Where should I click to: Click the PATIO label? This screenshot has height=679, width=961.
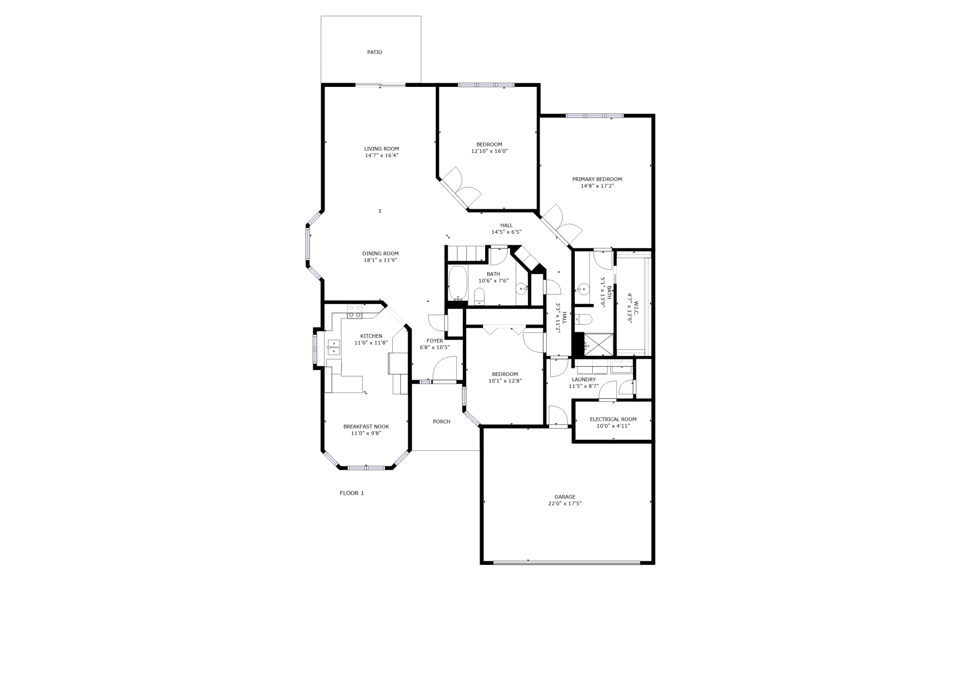[374, 53]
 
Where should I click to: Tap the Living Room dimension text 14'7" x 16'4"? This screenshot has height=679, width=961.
[382, 156]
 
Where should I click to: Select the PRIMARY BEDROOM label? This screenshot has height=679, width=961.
[597, 179]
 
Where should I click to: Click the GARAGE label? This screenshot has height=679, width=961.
[565, 497]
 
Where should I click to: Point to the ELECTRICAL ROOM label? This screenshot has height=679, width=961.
[613, 419]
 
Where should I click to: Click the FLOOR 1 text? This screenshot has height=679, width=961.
[352, 493]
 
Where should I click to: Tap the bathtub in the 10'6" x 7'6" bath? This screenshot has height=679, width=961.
[458, 283]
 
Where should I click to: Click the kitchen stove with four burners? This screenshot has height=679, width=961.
[354, 311]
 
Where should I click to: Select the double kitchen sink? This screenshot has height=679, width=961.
[333, 347]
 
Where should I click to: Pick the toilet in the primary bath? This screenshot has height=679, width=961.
[584, 320]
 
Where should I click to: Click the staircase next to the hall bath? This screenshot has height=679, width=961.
[467, 254]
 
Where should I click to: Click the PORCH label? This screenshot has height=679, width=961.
[441, 422]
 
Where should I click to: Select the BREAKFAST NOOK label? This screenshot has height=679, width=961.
[366, 427]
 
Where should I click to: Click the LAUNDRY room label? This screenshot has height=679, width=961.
[584, 380]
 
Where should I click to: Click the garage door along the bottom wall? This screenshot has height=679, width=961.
[566, 563]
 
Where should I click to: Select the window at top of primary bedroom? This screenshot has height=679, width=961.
[594, 115]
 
